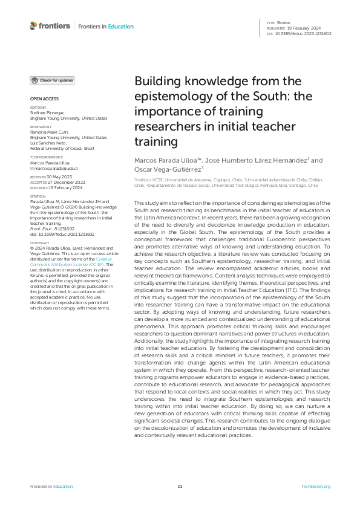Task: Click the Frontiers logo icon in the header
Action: (x=34, y=26)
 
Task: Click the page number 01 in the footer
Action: (x=180, y=486)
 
